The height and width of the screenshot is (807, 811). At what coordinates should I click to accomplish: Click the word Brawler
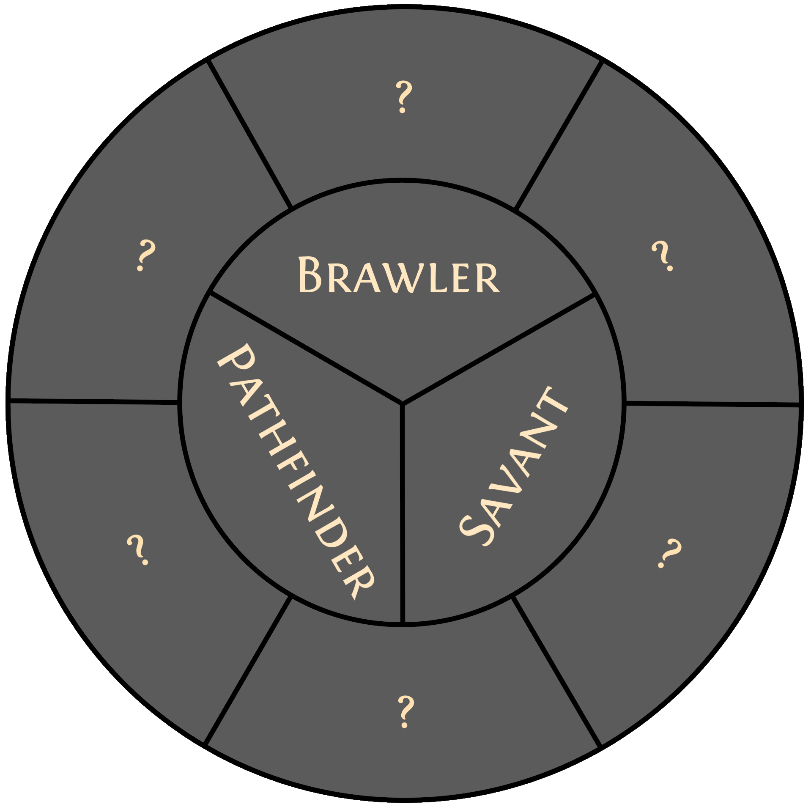399,275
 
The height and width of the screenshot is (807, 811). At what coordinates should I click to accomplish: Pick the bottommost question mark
405,711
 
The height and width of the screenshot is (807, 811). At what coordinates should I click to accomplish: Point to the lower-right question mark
669,553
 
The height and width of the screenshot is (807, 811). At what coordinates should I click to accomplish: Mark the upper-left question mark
145,255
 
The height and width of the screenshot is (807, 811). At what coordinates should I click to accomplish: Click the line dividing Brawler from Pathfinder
304,347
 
